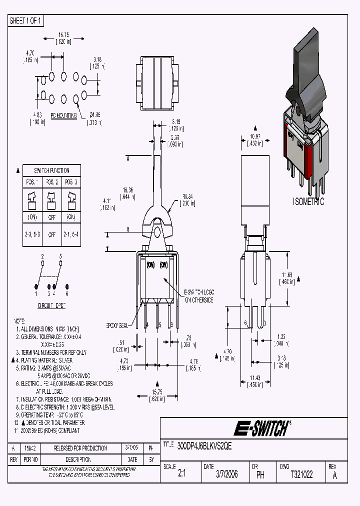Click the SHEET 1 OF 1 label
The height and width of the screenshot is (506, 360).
(26, 21)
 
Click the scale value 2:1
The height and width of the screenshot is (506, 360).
(181, 474)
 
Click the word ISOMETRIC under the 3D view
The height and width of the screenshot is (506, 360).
(308, 202)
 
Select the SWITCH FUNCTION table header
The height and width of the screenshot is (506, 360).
(52, 170)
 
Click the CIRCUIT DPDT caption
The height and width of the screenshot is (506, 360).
(51, 304)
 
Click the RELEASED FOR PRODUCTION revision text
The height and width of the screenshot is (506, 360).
(80, 448)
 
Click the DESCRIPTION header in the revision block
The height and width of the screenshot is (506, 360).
(79, 459)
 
